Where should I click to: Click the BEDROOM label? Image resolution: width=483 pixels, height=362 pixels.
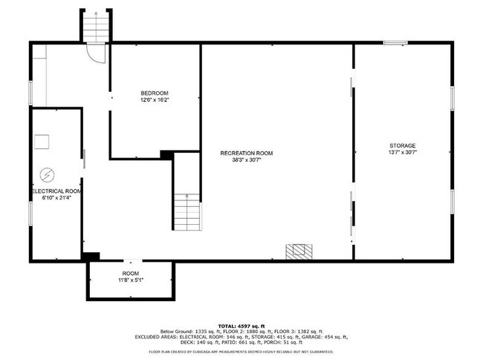tap(155, 93)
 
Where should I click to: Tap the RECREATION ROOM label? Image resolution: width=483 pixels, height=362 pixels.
tap(246, 153)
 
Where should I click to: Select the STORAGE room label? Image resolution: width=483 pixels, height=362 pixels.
tap(402, 145)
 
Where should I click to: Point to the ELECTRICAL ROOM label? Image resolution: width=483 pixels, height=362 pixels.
tap(56, 191)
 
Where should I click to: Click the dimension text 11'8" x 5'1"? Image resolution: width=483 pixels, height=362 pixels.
tap(130, 280)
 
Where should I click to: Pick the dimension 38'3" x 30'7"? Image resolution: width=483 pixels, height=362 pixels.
tap(246, 160)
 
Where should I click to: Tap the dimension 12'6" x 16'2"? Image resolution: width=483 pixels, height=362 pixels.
tap(155, 100)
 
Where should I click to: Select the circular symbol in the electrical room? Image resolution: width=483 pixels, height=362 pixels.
tap(46, 174)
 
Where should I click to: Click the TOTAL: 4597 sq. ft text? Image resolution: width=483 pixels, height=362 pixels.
tap(241, 325)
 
